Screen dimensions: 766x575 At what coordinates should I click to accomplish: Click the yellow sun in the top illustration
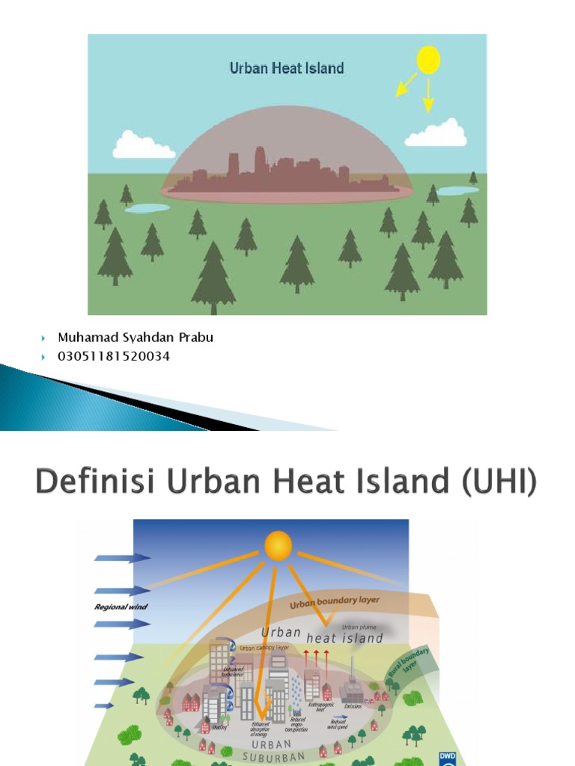coord(428,60)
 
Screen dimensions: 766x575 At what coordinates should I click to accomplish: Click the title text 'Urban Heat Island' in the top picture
coord(287,68)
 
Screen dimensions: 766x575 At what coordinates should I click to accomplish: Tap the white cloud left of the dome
coord(143,146)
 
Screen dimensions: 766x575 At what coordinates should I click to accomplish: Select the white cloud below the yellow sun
coord(436,134)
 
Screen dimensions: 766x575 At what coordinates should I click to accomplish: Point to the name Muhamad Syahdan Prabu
coord(136,337)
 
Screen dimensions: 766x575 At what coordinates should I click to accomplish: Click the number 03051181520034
coord(114,356)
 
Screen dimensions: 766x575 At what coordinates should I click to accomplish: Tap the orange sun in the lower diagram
coord(278,545)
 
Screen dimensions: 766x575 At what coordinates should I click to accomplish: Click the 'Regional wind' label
coord(118,607)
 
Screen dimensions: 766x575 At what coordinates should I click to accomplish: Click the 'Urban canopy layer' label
coord(264,648)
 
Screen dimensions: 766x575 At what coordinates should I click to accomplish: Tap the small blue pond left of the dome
coord(147,209)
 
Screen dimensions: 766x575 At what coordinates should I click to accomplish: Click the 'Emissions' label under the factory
coord(353,705)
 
